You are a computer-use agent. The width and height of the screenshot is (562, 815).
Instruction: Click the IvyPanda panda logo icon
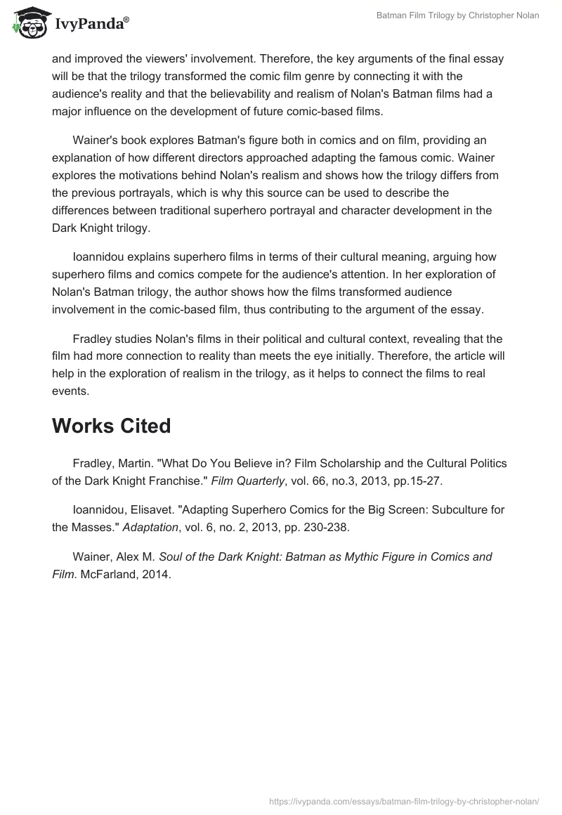coord(28,23)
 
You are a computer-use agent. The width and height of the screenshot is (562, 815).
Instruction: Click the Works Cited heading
coord(111,426)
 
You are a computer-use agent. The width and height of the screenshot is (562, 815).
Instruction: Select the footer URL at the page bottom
coord(404,800)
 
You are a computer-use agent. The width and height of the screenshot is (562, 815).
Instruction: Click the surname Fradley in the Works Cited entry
coord(93,463)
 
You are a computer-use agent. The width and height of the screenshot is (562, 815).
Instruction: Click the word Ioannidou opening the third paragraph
coord(103,257)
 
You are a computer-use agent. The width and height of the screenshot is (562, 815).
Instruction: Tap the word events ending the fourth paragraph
coord(70,391)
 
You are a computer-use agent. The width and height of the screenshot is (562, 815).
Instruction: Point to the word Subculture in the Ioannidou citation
coord(435,510)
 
